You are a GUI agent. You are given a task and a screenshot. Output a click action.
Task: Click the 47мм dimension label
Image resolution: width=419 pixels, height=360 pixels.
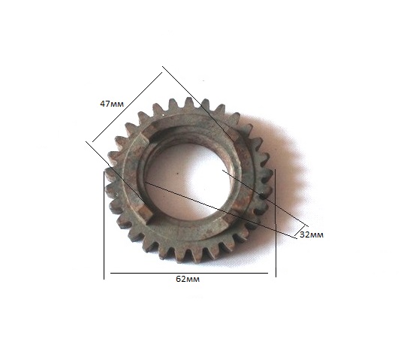coord(112,104)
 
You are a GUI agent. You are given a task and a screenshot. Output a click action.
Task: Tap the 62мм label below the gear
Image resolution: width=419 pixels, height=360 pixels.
coord(188,279)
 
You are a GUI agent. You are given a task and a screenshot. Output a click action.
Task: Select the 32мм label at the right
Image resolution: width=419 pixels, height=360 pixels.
coord(312,234)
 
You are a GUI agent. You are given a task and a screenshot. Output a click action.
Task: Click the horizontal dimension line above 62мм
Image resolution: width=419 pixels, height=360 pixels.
coord(189,273)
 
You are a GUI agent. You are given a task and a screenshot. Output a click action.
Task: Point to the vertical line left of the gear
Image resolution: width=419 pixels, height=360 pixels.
coord(104,225)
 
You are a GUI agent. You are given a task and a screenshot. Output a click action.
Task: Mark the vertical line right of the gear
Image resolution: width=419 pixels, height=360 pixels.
coord(276,222)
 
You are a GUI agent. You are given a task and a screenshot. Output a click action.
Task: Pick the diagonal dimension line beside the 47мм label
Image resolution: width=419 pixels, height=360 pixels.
coord(127,107)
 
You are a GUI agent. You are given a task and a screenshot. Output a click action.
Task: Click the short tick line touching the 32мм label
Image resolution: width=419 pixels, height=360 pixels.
coord(300,231)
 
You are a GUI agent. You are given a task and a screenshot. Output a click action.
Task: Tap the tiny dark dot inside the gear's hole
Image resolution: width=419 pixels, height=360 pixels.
coord(178,174)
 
